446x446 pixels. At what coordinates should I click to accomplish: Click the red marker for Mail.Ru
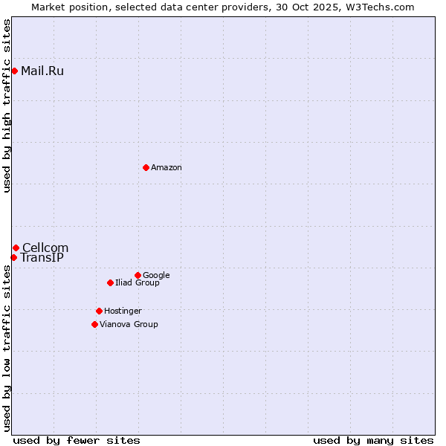[x=14, y=71]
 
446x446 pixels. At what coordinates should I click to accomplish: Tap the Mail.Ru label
[x=42, y=71]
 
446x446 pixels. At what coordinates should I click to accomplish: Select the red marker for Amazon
[x=146, y=167]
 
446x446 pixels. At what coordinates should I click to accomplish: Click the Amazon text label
[x=167, y=168]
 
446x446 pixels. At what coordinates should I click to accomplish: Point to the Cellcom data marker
[x=16, y=248]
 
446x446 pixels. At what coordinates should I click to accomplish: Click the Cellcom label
[x=45, y=248]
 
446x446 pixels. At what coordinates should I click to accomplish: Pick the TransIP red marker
[x=13, y=257]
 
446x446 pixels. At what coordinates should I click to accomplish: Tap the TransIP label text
[x=42, y=258]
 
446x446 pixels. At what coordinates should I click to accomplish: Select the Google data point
[x=138, y=275]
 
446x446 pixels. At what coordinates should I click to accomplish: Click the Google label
[x=156, y=276]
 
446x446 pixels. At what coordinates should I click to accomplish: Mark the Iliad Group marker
[x=110, y=282]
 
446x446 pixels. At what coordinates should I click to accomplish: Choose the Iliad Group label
[x=138, y=283]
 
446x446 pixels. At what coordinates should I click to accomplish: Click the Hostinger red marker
[x=99, y=311]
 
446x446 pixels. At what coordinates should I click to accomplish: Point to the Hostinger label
[x=123, y=311]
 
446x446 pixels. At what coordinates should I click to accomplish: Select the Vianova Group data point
[x=94, y=324]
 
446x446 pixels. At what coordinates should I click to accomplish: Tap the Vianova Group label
[x=129, y=325]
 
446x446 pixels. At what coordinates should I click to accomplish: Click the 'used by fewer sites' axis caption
[x=77, y=441]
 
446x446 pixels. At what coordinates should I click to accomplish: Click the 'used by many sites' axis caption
[x=373, y=441]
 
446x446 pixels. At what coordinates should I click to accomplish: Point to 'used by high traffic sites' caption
[x=7, y=106]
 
